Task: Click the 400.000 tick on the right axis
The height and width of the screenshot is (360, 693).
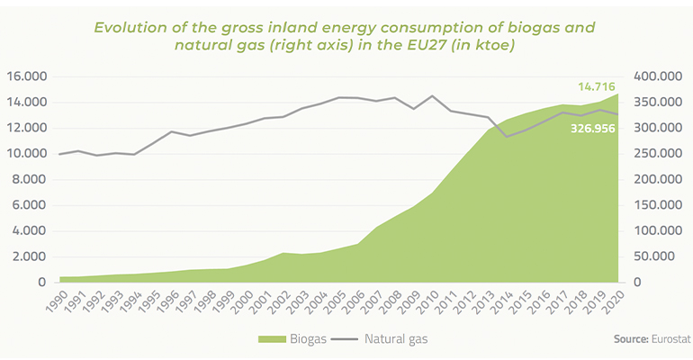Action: click(x=660, y=76)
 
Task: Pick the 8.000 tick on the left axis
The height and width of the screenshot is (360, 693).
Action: click(x=28, y=179)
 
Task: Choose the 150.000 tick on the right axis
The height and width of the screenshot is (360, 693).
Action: click(x=660, y=205)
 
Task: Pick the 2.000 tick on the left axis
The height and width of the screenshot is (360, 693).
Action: click(x=28, y=256)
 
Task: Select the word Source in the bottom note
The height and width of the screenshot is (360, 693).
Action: click(x=631, y=339)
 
